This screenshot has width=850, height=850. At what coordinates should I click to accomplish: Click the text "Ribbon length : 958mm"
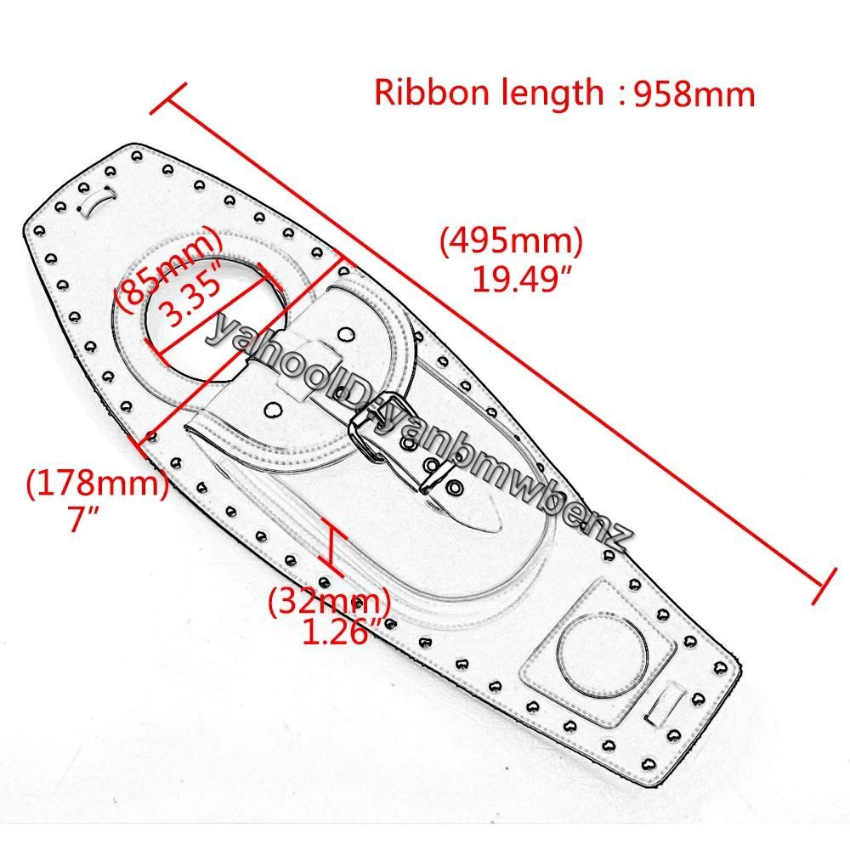click(x=564, y=93)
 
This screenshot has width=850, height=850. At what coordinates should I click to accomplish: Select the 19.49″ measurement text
click(x=522, y=280)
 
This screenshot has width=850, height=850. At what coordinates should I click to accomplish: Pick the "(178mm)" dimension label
click(x=97, y=483)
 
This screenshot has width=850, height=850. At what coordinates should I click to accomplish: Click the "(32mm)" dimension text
click(x=330, y=601)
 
